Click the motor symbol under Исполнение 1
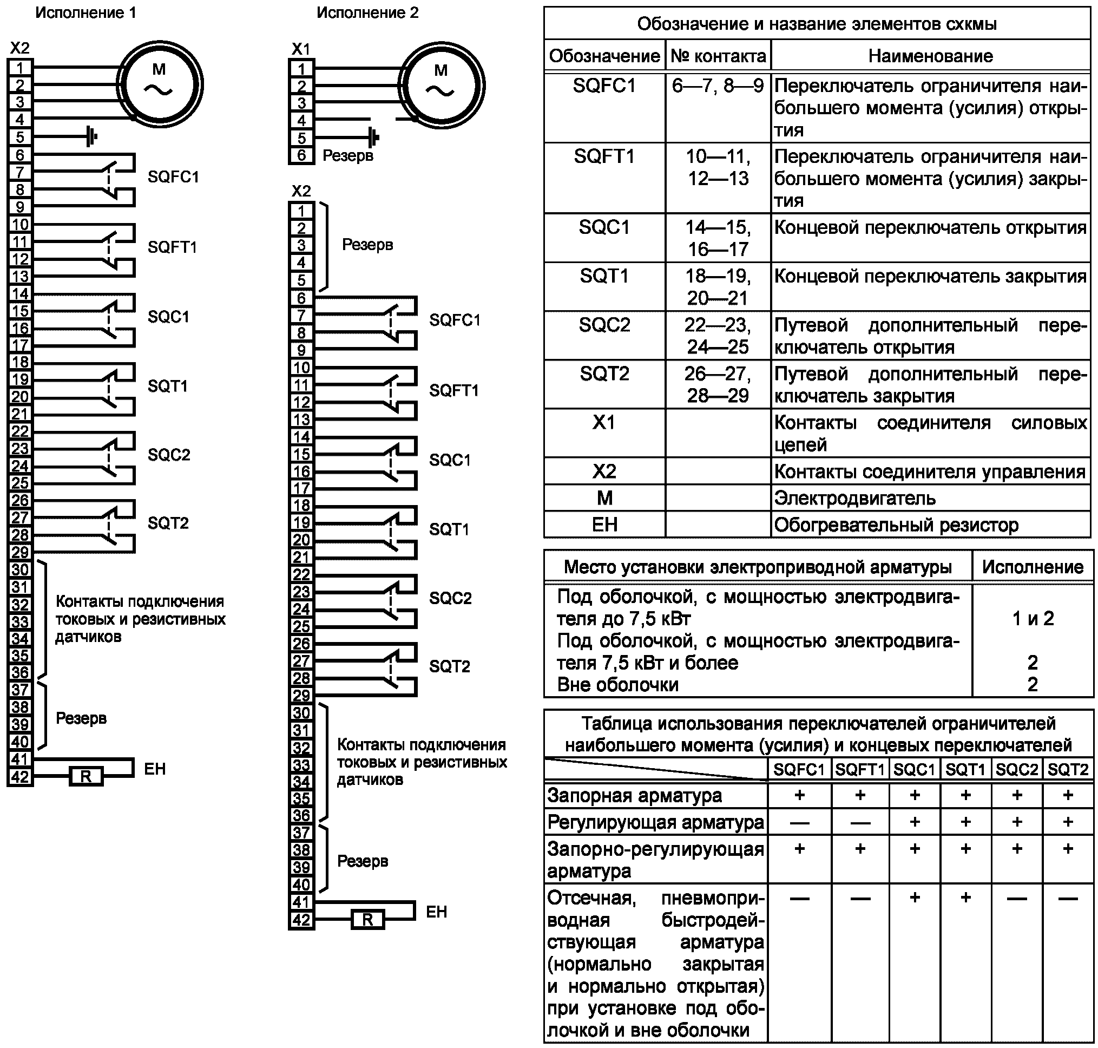pyautogui.click(x=160, y=84)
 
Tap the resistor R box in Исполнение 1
pyautogui.click(x=86, y=776)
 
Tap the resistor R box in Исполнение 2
pyautogui.click(x=367, y=919)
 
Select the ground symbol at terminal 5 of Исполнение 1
pyautogui.click(x=91, y=136)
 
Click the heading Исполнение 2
pyautogui.click(x=367, y=12)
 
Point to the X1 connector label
pyautogui.click(x=301, y=49)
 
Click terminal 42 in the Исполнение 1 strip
pyautogui.click(x=20, y=776)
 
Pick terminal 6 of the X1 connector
pyautogui.click(x=301, y=155)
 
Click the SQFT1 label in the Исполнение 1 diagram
pyautogui.click(x=173, y=247)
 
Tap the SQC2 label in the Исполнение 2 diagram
pyautogui.click(x=450, y=598)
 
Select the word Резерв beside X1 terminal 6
pyautogui.click(x=348, y=155)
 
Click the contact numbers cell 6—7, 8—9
pyautogui.click(x=718, y=86)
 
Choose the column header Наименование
pyautogui.click(x=930, y=56)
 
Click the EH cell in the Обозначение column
pyautogui.click(x=605, y=525)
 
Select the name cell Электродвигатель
pyautogui.click(x=854, y=497)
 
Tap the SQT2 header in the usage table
pyautogui.click(x=1068, y=770)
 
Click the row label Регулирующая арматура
pyautogui.click(x=656, y=822)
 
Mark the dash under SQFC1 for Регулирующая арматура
pyautogui.click(x=800, y=822)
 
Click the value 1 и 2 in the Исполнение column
pyautogui.click(x=1033, y=618)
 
